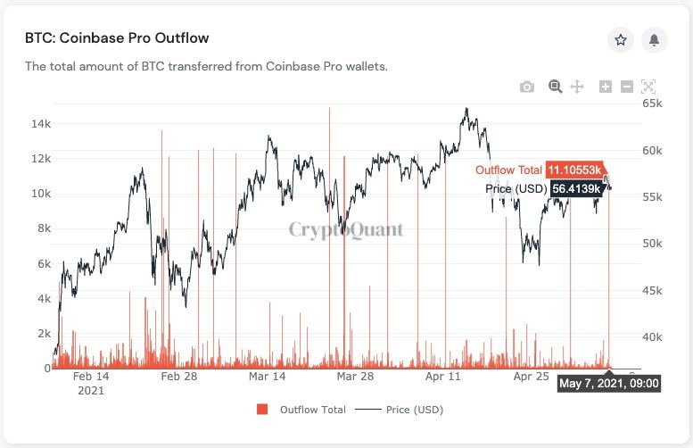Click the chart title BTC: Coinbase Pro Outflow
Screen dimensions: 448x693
[117, 39]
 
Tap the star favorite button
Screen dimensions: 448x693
[621, 40]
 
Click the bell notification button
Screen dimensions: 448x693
[654, 40]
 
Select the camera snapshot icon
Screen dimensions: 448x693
[527, 87]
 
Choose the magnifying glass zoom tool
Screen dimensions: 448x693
[555, 87]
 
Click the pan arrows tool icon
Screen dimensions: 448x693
[577, 87]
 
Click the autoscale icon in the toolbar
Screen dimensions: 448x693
[648, 87]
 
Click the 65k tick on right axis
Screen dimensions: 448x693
[653, 104]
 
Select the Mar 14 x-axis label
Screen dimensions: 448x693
[267, 377]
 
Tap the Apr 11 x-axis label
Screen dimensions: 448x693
[443, 377]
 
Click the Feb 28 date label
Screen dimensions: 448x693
[178, 377]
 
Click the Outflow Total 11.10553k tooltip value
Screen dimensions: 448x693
[573, 170]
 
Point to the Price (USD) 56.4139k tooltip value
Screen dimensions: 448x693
[575, 188]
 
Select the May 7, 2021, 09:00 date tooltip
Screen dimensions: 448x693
[609, 384]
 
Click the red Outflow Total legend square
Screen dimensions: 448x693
[262, 410]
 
